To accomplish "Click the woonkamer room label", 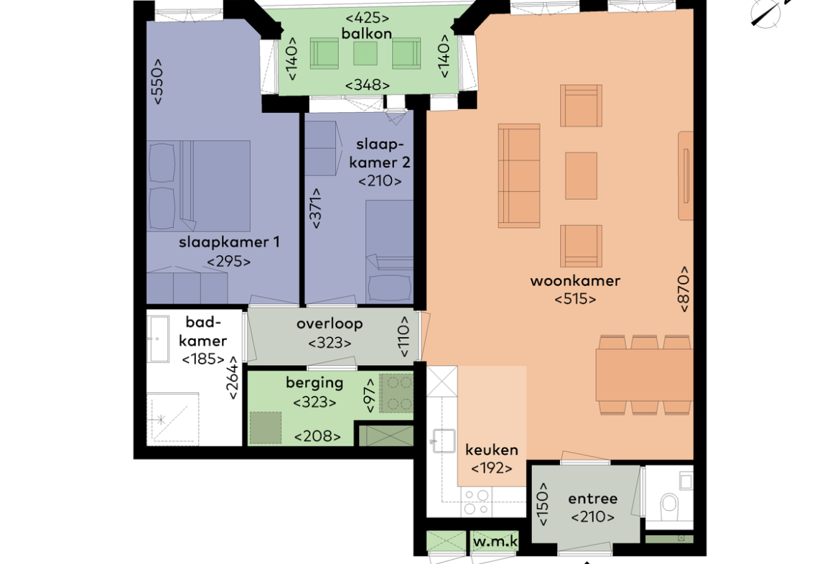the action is (x=575, y=281).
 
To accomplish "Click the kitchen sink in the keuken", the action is (x=444, y=441).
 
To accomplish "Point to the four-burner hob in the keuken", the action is (x=476, y=501).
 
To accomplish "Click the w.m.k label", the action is (x=495, y=542).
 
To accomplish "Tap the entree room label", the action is (x=592, y=499).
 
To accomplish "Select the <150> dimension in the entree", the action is (x=543, y=504).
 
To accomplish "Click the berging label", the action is (x=314, y=384).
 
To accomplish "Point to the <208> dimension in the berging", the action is (x=317, y=436).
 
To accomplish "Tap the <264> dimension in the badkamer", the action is (x=233, y=378).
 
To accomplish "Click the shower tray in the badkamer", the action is (x=172, y=419).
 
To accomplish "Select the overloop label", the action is (x=330, y=324).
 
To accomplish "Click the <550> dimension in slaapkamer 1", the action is (x=157, y=81).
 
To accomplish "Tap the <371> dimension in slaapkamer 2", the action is (x=315, y=208).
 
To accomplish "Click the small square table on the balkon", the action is (x=365, y=54).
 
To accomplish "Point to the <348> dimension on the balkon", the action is (x=367, y=85).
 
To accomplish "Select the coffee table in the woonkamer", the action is (x=582, y=176).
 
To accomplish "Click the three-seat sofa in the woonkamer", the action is (x=519, y=176).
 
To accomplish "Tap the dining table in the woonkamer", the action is (x=645, y=375).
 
